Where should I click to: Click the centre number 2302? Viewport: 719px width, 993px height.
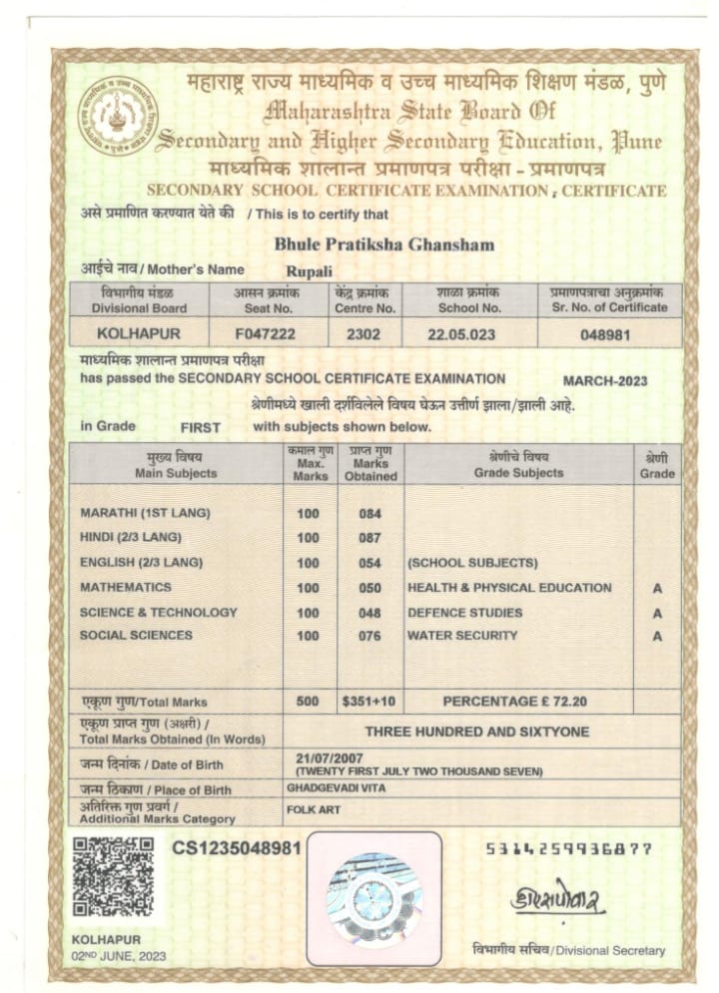pyautogui.click(x=363, y=334)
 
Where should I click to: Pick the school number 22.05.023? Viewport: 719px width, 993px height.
pyautogui.click(x=461, y=334)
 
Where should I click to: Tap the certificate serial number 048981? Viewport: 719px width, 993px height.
pyautogui.click(x=605, y=334)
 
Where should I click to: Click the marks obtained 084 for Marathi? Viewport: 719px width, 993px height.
pyautogui.click(x=370, y=514)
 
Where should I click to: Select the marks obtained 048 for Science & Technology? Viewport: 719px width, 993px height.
pyautogui.click(x=370, y=612)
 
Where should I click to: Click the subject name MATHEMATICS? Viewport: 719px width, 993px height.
pyautogui.click(x=126, y=587)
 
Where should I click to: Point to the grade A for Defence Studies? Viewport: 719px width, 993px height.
pyautogui.click(x=657, y=612)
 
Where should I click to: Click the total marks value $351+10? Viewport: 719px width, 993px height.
pyautogui.click(x=369, y=702)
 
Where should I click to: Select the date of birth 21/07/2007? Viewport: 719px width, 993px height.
pyautogui.click(x=326, y=757)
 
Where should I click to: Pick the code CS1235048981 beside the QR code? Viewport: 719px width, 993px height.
pyautogui.click(x=237, y=847)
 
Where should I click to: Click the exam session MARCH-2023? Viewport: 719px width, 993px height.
pyautogui.click(x=605, y=380)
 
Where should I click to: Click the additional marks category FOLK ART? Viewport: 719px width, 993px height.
pyautogui.click(x=309, y=810)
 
